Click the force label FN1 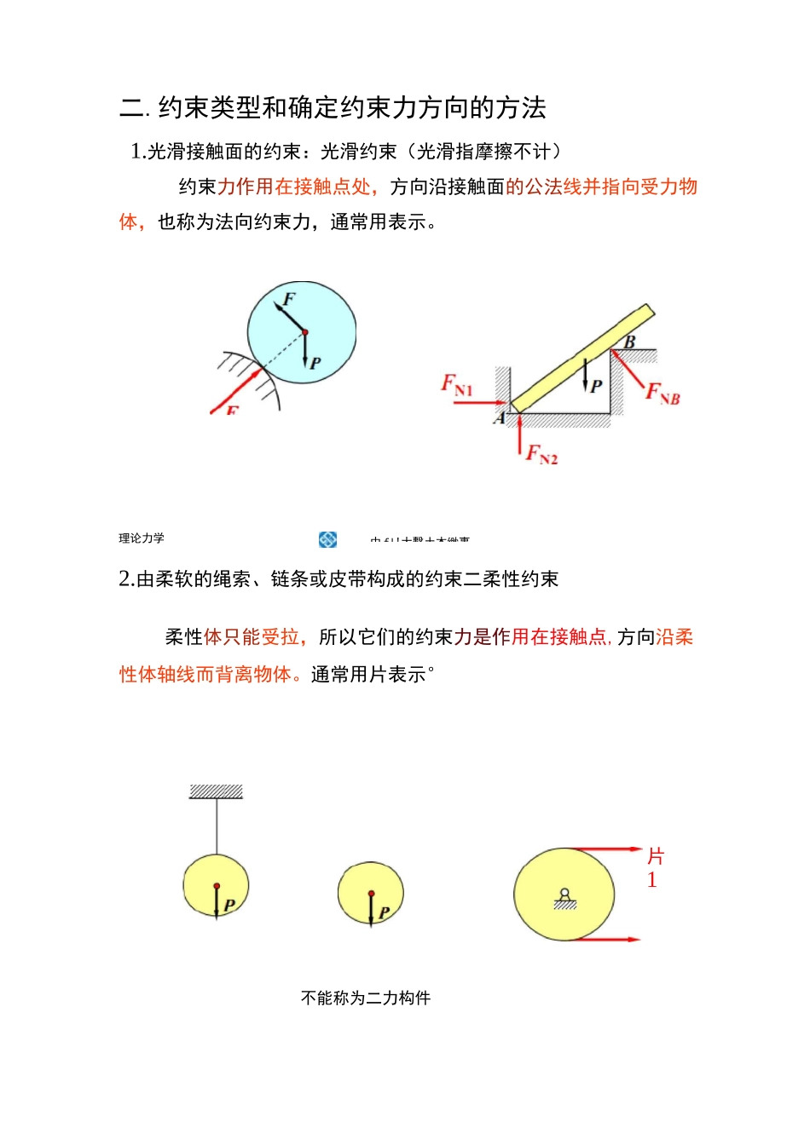click(456, 385)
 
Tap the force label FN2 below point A click(541, 454)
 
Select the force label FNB click(662, 394)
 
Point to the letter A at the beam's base click(500, 418)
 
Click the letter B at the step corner click(629, 342)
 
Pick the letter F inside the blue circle click(288, 299)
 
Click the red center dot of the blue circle click(305, 332)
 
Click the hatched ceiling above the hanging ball click(216, 791)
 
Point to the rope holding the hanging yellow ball click(217, 826)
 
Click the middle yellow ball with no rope click(370, 894)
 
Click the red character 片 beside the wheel click(655, 856)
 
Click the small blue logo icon click(327, 539)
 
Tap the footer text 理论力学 click(142, 538)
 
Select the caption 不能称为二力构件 click(366, 998)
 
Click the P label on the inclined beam click(597, 385)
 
